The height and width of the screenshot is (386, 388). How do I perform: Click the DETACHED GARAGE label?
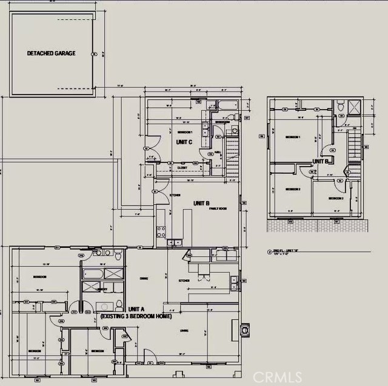click(51, 53)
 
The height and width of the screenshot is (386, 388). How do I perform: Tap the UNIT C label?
click(184, 142)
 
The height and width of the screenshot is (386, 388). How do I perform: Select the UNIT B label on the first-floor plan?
click(201, 203)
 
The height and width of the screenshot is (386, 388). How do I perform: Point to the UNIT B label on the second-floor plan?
click(320, 161)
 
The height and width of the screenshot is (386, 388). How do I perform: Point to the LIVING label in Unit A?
click(184, 330)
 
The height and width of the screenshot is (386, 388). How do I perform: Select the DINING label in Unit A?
click(144, 278)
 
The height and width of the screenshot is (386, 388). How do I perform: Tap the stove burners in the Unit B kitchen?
click(161, 230)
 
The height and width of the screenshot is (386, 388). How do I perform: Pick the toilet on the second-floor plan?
click(340, 108)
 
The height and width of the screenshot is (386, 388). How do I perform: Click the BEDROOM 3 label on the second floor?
click(336, 198)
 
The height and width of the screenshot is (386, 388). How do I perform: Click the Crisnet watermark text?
click(276, 377)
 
